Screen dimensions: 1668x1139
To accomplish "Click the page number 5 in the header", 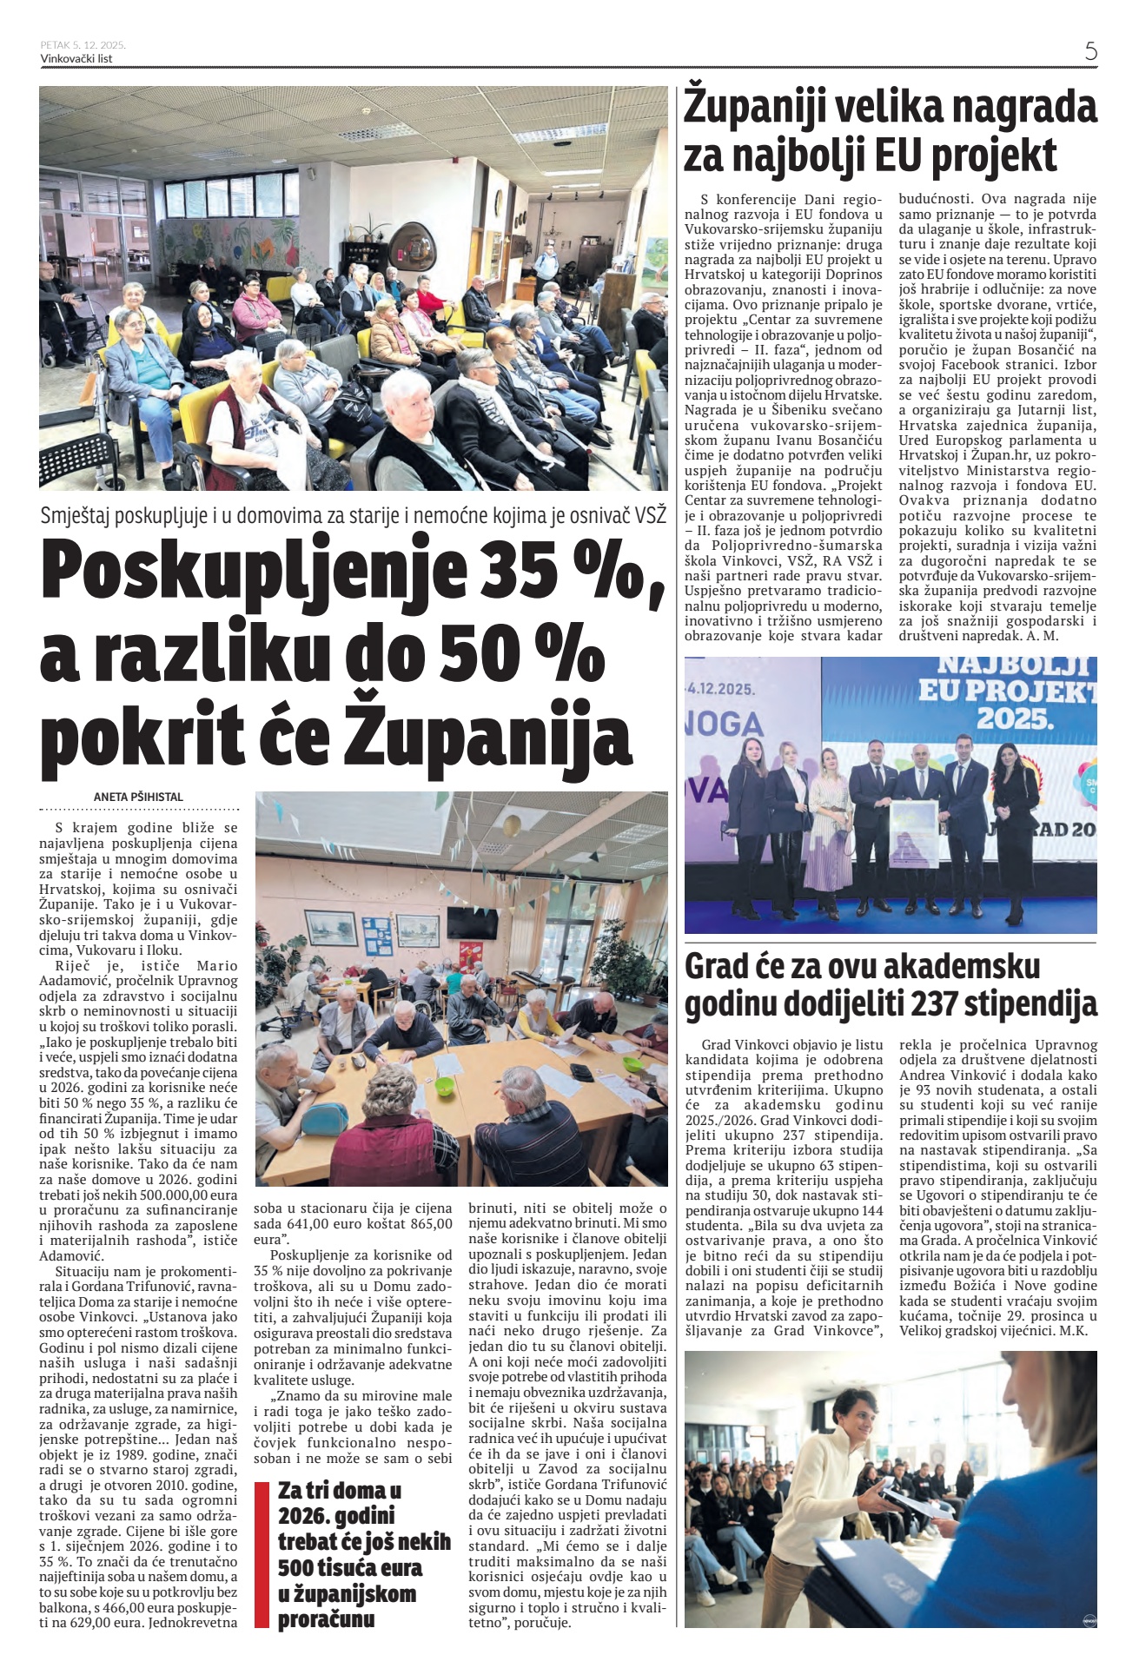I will tap(1090, 50).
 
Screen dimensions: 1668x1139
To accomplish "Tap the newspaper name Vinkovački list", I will tap(76, 59).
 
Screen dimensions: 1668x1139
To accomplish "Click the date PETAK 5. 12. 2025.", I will tap(83, 44).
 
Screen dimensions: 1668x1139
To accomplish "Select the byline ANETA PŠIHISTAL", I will tap(139, 797).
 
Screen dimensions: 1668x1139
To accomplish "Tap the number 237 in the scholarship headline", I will tap(944, 1004).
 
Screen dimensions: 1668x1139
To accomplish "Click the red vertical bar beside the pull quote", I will tap(261, 1555).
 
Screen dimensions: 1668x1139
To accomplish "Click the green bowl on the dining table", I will tap(444, 1086).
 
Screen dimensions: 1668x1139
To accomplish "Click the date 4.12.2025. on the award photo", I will tap(721, 688).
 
